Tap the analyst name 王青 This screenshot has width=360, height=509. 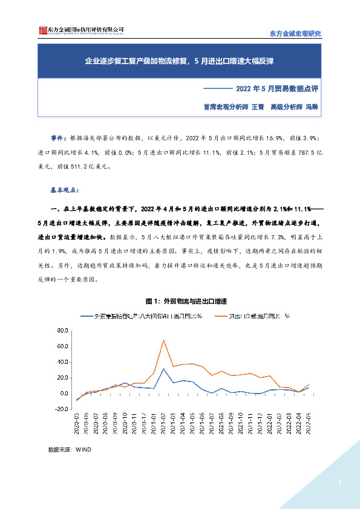tap(257, 106)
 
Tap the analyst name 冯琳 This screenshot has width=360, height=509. tap(311, 106)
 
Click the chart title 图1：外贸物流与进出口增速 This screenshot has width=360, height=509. tap(180, 300)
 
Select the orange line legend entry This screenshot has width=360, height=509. tap(260, 316)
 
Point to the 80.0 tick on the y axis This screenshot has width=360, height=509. tap(60, 331)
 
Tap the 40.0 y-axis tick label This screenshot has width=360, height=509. tap(60, 362)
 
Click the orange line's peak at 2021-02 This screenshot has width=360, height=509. tap(163, 340)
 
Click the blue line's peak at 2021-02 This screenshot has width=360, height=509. tap(163, 369)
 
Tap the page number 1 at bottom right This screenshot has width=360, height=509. tap(340, 482)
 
